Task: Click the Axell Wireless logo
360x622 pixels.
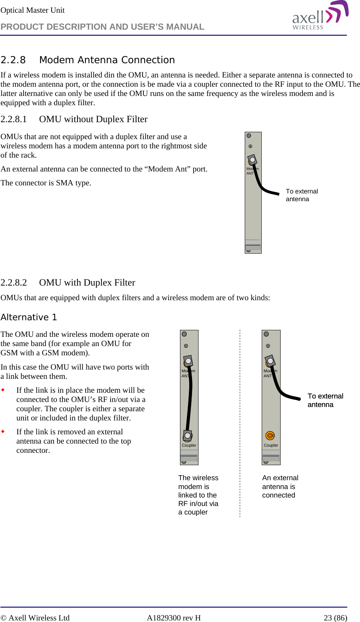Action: pos(320,16)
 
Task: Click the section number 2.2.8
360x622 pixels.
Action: pos(13,60)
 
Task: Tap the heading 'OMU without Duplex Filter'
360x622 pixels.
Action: pos(93,119)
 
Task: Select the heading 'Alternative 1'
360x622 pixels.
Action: pos(29,317)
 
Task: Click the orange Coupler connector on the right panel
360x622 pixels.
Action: pos(270,435)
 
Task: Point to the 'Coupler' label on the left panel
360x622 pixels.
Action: pos(189,445)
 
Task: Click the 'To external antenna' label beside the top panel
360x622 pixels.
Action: pos(301,195)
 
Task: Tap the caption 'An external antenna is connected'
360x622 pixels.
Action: pos(280,486)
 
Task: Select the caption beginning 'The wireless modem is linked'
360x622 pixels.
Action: pos(198,495)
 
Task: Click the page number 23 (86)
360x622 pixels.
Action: pos(335,618)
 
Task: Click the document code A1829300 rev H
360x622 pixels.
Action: pos(173,618)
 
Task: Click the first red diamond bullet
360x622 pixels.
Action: pos(3,390)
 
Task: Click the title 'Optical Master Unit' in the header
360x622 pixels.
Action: pos(32,10)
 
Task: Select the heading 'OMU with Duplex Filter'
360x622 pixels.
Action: pos(87,282)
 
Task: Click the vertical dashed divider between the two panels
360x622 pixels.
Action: pos(240,424)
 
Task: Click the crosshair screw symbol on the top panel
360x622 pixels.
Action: pos(250,146)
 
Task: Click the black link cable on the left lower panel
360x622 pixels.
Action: pos(190,401)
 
